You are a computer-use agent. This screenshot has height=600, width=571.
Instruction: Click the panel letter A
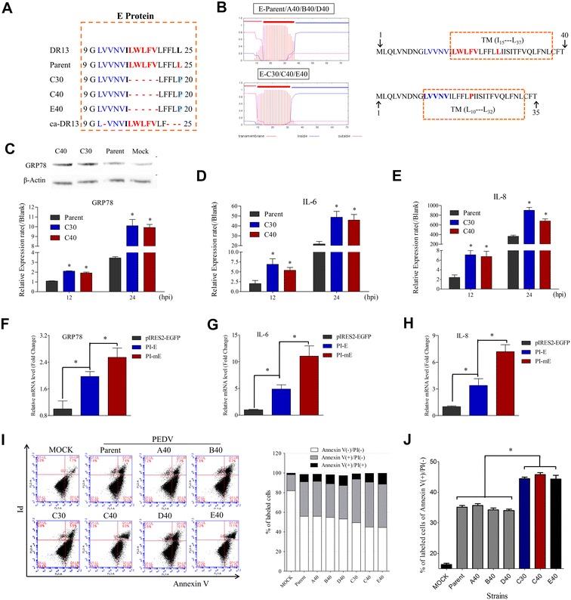tap(7, 8)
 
